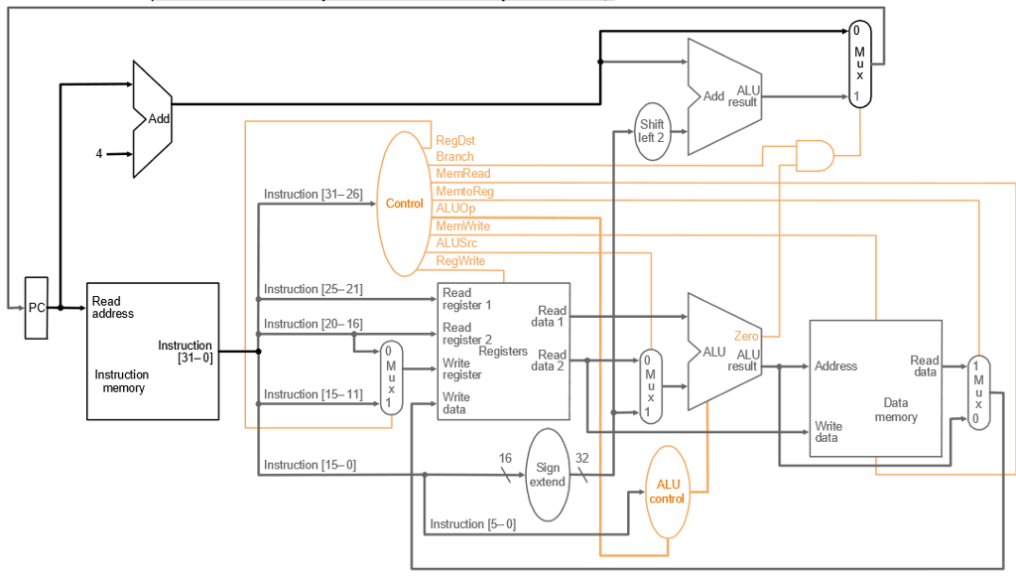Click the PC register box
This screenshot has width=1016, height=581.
(37, 308)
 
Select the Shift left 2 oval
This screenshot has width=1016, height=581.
(651, 131)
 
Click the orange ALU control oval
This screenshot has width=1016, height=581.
(667, 492)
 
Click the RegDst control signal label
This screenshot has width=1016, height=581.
(455, 141)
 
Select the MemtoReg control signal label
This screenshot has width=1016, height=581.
(464, 191)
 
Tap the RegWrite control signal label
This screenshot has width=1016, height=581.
(461, 261)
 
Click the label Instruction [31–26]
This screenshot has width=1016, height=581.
(314, 194)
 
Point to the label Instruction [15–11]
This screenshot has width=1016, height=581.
(314, 394)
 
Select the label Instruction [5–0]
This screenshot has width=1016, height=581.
(472, 523)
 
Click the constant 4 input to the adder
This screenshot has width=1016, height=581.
(99, 154)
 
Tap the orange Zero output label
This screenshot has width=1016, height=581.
(746, 337)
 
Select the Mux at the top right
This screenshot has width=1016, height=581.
(859, 64)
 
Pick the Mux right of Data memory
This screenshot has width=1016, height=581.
(978, 392)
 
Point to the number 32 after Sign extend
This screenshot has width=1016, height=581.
(582, 459)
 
